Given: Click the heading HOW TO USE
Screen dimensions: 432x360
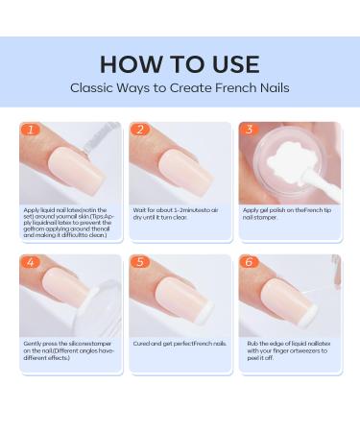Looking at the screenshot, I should click(180, 63).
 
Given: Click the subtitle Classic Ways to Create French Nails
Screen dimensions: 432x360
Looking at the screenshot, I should click(180, 87).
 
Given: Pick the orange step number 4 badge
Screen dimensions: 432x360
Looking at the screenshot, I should click(30, 261).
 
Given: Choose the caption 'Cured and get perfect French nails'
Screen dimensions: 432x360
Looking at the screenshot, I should click(175, 343).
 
